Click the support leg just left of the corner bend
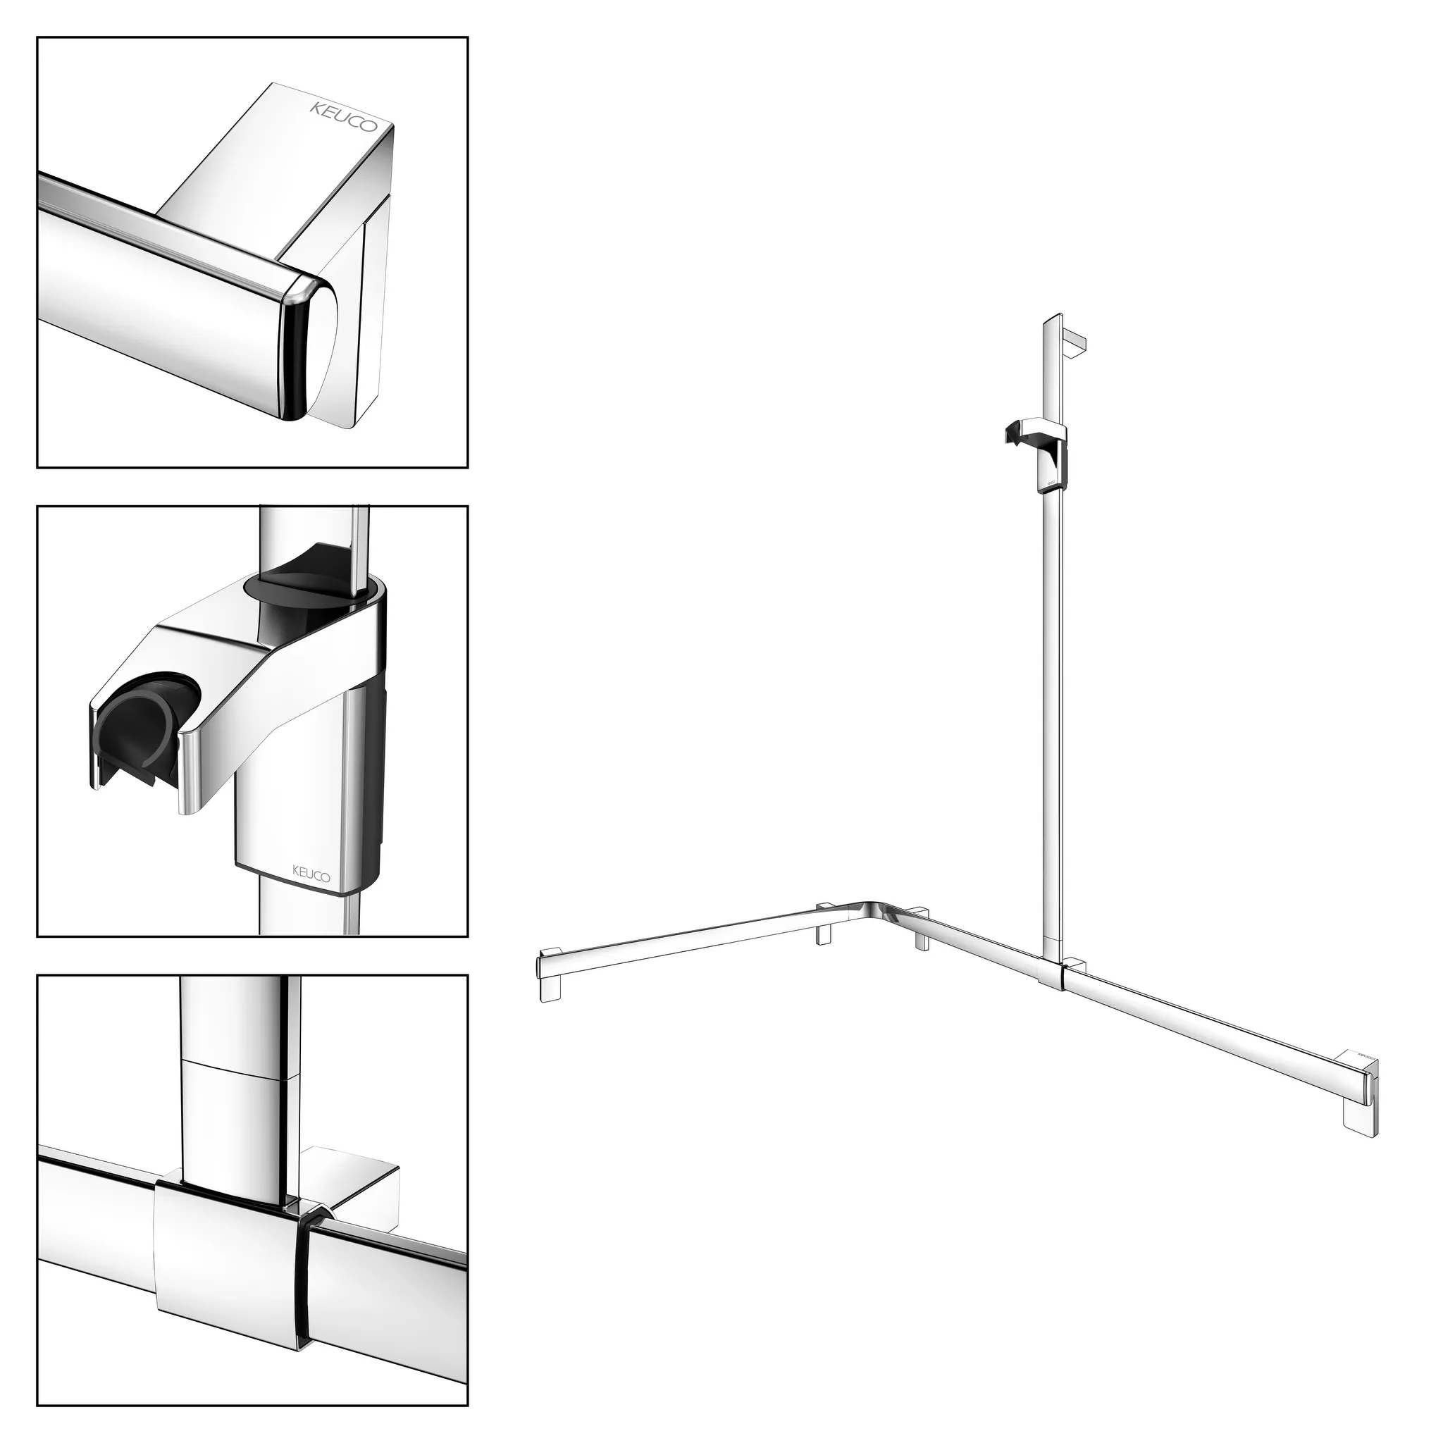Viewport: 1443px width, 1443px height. click(824, 926)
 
